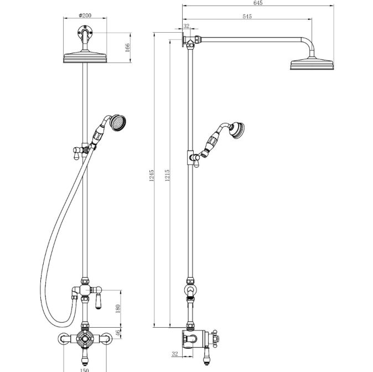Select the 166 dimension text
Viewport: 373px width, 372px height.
pos(127,48)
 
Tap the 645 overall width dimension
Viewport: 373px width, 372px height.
pos(258,3)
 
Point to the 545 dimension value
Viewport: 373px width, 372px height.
pos(247,17)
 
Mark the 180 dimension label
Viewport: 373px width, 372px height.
pos(118,308)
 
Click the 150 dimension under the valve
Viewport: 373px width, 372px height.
pos(85,369)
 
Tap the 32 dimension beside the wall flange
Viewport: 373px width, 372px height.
pos(186,27)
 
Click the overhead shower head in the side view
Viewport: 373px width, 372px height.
pos(313,65)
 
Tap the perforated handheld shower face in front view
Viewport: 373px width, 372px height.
pos(118,122)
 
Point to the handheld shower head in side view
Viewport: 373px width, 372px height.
pos(237,131)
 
